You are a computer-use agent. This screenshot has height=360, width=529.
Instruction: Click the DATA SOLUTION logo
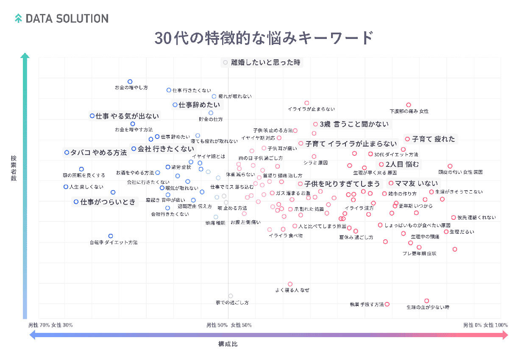coord(61,19)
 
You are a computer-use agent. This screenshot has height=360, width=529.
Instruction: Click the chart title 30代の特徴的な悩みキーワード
coord(264,38)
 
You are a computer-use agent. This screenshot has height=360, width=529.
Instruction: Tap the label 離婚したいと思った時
coord(265,62)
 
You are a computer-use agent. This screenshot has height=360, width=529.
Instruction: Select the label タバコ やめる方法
coord(98,152)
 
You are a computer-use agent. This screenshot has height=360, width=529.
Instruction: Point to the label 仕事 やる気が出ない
coord(127,116)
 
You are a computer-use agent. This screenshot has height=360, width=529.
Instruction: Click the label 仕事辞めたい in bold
coord(199,105)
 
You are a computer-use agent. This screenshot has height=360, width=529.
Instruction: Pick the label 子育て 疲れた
coord(433,139)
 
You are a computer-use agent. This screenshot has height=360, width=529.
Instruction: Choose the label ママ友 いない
coord(416,183)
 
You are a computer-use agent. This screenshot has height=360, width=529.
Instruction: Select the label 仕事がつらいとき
coord(108,202)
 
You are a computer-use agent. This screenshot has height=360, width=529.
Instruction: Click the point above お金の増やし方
coord(130,81)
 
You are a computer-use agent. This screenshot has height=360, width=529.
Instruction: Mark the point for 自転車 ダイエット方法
coord(111,236)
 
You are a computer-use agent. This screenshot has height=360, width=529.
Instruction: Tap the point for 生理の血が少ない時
coord(427,301)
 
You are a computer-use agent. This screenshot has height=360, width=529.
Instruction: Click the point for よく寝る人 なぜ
coord(290,284)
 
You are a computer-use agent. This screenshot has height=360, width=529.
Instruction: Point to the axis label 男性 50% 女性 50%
coord(229,325)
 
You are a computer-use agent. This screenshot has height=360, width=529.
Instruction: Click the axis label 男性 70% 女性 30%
coord(50,325)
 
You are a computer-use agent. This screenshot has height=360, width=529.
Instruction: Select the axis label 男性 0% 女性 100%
coord(485,325)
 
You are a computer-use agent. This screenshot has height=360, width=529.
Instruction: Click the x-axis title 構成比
coord(228,344)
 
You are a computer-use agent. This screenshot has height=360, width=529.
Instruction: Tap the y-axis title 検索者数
coord(14,169)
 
